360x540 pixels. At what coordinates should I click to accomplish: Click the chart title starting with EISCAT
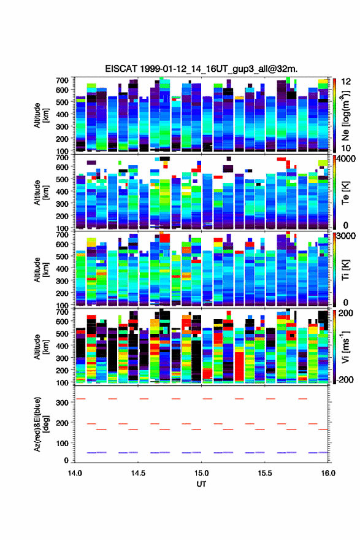click(201, 69)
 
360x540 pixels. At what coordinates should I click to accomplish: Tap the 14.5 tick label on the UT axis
click(138, 473)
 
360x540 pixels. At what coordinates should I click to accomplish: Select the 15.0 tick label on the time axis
click(201, 473)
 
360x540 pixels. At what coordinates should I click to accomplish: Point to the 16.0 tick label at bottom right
click(328, 473)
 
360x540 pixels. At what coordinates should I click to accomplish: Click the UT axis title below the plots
click(201, 484)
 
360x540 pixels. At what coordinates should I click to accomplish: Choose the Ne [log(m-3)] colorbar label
click(345, 116)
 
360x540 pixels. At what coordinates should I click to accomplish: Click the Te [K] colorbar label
click(345, 193)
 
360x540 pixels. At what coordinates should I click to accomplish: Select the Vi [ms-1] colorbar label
click(345, 347)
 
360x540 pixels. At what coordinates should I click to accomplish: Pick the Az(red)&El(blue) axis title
click(41, 424)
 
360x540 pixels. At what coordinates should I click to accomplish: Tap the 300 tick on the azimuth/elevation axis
click(63, 403)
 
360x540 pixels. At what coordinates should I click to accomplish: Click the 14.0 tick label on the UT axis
click(75, 473)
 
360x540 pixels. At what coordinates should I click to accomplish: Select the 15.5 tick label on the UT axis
click(265, 473)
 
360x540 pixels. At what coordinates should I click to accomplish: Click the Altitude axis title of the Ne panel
click(41, 115)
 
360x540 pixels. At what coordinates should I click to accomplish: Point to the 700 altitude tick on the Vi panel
click(63, 312)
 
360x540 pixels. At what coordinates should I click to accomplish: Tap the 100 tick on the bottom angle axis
click(63, 443)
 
